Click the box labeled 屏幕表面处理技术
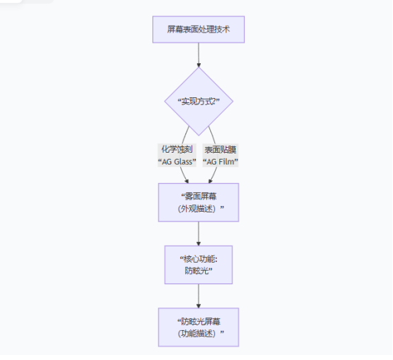pos(199,30)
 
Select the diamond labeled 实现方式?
pos(199,102)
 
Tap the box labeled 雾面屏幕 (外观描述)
pos(199,202)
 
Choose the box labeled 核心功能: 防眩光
pos(199,264)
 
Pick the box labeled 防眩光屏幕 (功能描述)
pos(199,327)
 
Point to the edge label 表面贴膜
pos(221,150)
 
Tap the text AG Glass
pos(176,162)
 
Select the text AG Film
pos(221,162)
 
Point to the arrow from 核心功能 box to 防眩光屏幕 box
pos(199,295)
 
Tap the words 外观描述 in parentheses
pos(199,209)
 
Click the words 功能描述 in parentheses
pos(199,333)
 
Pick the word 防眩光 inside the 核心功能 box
pos(199,271)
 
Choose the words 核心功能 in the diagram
pos(198,258)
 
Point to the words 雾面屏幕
pos(201,195)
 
